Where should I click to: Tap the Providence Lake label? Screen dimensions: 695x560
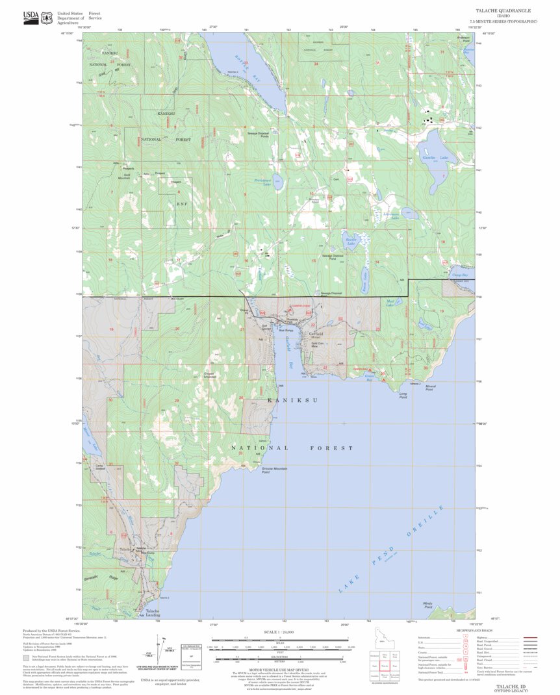tap(262, 184)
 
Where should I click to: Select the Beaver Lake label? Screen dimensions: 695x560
tap(351, 241)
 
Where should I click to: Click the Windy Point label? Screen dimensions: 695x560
tap(427, 605)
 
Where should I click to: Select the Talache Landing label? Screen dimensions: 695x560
tap(152, 613)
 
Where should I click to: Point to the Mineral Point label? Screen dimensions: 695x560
tap(430, 388)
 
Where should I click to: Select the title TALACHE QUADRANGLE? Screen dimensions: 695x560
tap(503, 11)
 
